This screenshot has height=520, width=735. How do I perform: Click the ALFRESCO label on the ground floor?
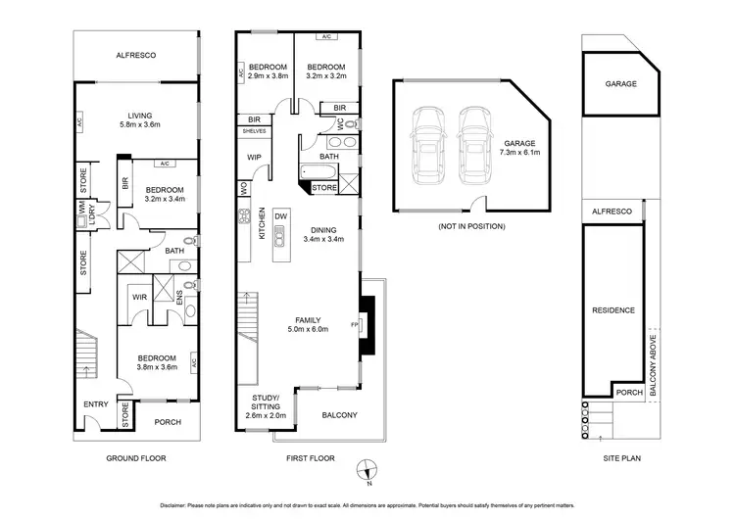(x=137, y=56)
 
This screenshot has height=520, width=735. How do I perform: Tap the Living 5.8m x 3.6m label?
(x=138, y=118)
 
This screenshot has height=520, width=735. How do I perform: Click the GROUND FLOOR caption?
(x=137, y=458)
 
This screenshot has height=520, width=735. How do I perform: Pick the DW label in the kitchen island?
(x=280, y=215)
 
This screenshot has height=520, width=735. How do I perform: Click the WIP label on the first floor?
(x=252, y=156)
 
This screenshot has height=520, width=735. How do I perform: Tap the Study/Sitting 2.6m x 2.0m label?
(x=264, y=406)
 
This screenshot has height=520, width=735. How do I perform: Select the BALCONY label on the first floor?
(x=340, y=415)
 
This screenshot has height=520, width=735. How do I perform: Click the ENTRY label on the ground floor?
(x=95, y=403)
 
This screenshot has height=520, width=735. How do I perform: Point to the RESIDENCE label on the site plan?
(x=614, y=310)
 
